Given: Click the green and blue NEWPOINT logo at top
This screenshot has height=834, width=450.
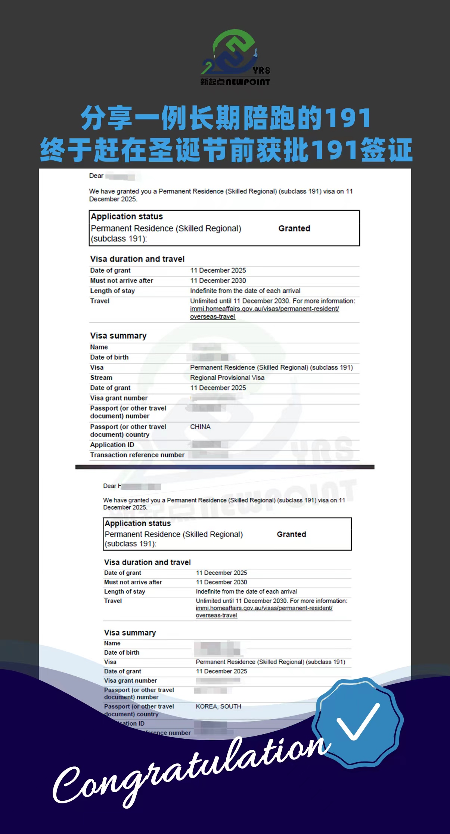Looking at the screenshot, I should (x=235, y=58).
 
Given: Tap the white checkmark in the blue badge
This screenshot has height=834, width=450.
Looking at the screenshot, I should (x=358, y=721).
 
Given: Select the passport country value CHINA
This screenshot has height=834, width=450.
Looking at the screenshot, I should (x=200, y=427).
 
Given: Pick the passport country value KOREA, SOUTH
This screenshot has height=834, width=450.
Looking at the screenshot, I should (x=218, y=706).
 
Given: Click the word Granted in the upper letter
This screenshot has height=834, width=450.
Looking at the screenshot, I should (x=294, y=228).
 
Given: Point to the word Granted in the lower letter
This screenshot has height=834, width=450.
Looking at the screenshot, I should (x=291, y=534).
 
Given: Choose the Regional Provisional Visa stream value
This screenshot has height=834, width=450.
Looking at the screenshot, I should (x=227, y=377).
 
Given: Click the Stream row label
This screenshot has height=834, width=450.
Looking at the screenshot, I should (x=101, y=377).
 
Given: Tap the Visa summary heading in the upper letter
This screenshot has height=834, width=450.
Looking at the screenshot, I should (x=118, y=336).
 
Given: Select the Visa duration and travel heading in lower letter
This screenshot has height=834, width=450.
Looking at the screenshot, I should (x=147, y=562).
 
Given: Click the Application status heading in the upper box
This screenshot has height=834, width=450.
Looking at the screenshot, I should (x=127, y=217).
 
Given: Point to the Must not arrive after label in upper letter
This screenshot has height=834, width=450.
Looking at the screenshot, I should (x=122, y=281).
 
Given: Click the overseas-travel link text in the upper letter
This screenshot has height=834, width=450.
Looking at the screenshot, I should (x=212, y=316).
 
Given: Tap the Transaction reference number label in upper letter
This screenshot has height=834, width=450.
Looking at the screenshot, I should (x=137, y=455).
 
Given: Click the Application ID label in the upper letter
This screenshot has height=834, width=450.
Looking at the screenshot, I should (x=112, y=445).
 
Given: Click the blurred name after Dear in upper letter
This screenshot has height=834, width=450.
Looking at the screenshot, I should (x=120, y=176).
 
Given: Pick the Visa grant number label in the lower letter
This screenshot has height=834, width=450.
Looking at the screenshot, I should (x=130, y=680).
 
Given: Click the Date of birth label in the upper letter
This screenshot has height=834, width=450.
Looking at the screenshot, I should (x=109, y=357).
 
